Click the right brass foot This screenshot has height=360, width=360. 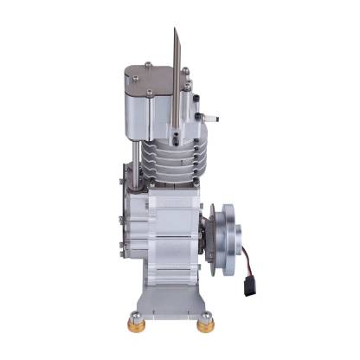[x=205, y=327]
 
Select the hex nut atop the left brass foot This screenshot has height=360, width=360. [x=138, y=315]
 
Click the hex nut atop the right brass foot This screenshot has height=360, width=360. [x=205, y=317]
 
